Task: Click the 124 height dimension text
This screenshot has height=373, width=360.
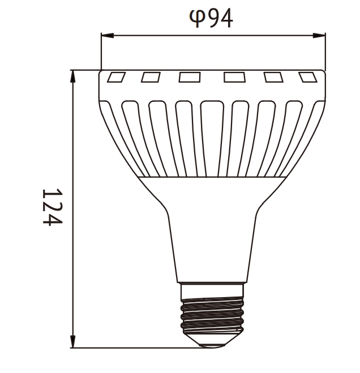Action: (x=52, y=207)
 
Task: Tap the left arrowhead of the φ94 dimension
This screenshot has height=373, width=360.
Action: (x=107, y=36)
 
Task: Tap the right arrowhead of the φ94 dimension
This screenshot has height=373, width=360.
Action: (x=319, y=36)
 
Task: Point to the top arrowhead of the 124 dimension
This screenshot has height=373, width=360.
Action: (x=73, y=76)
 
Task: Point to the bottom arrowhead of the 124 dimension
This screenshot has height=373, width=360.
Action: (x=73, y=342)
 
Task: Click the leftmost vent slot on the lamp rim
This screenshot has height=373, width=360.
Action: (x=116, y=78)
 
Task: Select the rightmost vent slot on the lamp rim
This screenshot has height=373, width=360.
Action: (x=308, y=78)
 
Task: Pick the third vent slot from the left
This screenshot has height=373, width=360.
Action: (x=190, y=78)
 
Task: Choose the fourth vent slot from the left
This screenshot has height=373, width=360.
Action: (x=234, y=78)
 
